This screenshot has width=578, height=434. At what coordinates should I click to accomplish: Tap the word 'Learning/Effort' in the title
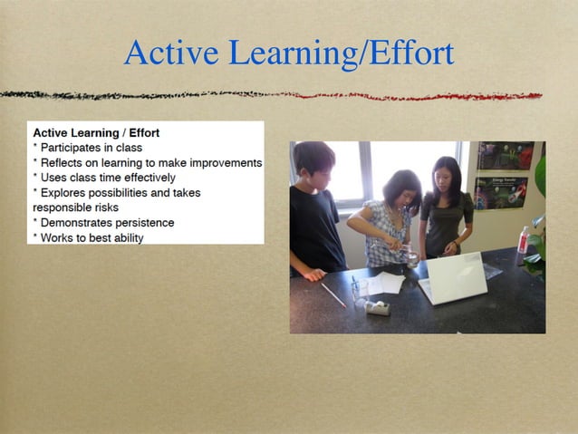pyautogui.click(x=341, y=54)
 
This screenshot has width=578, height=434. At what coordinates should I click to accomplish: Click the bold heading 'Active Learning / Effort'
pyautogui.click(x=96, y=132)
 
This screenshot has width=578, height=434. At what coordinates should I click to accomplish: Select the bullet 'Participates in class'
pyautogui.click(x=91, y=148)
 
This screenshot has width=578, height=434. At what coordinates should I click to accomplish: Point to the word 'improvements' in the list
pyautogui.click(x=223, y=162)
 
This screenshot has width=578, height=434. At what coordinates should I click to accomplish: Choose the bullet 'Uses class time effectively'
pyautogui.click(x=107, y=178)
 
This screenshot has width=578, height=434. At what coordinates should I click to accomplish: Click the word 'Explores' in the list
pyautogui.click(x=63, y=192)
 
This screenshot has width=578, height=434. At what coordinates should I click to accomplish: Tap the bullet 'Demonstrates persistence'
pyautogui.click(x=107, y=222)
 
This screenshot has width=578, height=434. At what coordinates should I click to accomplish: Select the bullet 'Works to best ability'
pyautogui.click(x=92, y=237)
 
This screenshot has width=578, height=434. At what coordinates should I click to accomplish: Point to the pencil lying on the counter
pyautogui.click(x=332, y=295)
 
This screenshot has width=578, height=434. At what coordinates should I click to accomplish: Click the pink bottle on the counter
pyautogui.click(x=523, y=240)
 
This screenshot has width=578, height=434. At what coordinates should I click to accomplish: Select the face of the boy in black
pyautogui.click(x=316, y=167)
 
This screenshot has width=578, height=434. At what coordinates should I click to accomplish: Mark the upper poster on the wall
pyautogui.click(x=506, y=156)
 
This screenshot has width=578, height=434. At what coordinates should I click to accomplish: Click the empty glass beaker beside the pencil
pyautogui.click(x=360, y=290)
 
